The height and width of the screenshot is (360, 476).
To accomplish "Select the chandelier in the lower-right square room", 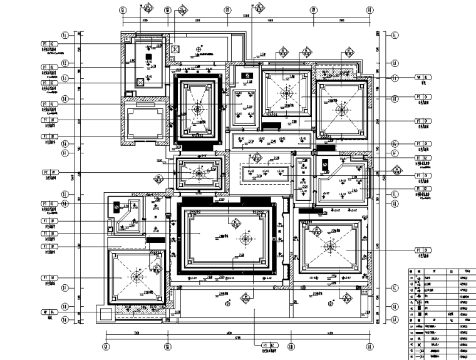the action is click(x=329, y=248).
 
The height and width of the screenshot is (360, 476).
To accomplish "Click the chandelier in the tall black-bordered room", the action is click(x=199, y=110).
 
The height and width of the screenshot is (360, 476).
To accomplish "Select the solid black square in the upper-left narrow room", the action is click(x=148, y=58).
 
